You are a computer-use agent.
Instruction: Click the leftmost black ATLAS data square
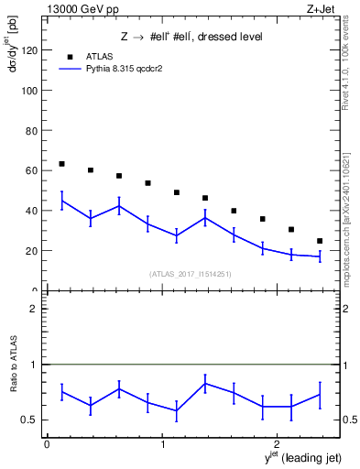(x=61, y=164)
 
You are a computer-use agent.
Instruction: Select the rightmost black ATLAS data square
(x=320, y=241)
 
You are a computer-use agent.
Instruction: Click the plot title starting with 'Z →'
(x=191, y=38)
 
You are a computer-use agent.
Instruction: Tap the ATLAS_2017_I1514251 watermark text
(x=191, y=274)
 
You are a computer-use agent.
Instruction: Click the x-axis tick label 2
(x=278, y=444)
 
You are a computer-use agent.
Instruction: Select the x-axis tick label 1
(x=162, y=444)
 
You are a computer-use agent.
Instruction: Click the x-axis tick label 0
(x=47, y=444)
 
